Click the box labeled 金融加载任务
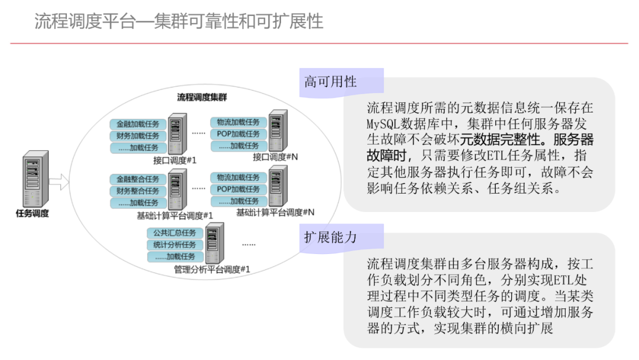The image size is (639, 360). (x=138, y=124)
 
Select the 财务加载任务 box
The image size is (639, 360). (x=138, y=136)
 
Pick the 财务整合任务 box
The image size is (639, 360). (x=138, y=191)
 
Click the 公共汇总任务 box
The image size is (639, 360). (x=175, y=233)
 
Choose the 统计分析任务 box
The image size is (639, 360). (x=175, y=245)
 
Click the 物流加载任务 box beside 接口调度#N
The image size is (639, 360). (x=238, y=123)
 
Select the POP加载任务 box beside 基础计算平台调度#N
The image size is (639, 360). (x=238, y=189)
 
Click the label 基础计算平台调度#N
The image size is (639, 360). (x=275, y=212)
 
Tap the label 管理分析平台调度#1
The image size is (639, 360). (x=212, y=269)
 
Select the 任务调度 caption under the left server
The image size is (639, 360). (x=32, y=214)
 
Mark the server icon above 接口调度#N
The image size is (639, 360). (x=277, y=130)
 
